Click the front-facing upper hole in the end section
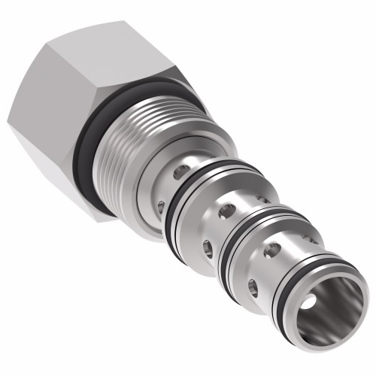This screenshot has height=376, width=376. [x=275, y=248]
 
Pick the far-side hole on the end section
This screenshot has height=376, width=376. [x=308, y=238]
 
